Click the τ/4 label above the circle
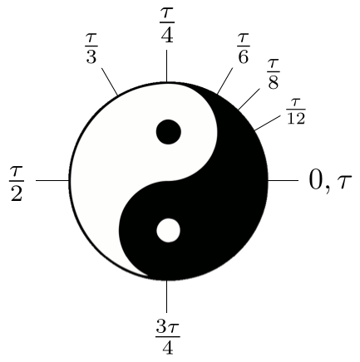coord(167,25)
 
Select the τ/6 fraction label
coord(243,49)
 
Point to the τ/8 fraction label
coord(274,74)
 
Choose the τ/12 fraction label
coord(296,111)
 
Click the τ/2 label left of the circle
coord(17,183)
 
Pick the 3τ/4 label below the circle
coord(168,337)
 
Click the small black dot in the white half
coord(169,132)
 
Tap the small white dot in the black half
coord(169,231)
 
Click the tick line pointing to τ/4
coord(166,66)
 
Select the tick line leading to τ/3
coord(110,81)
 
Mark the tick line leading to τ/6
coord(224,81)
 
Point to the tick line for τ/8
coord(249,99)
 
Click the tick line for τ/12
coord(268,123)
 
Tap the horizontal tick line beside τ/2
coord(52,181)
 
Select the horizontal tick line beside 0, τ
coord(283,181)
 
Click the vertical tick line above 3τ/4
coord(166,296)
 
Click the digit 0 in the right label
coord(315,179)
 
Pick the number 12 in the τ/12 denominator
coord(296,118)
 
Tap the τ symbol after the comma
coord(343,183)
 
